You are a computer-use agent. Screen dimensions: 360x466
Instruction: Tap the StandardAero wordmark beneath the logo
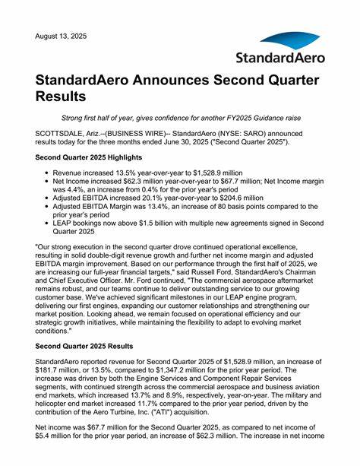(x=280, y=58)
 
